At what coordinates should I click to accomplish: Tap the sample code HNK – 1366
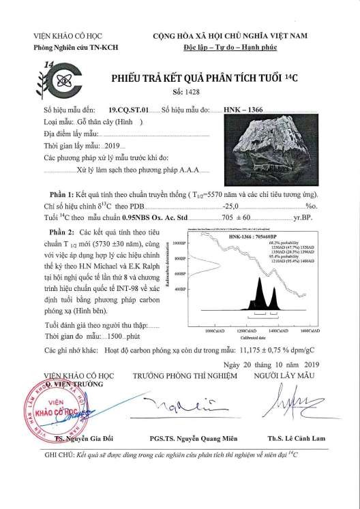(x=244, y=109)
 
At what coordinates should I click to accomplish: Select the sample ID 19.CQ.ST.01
(x=129, y=109)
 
